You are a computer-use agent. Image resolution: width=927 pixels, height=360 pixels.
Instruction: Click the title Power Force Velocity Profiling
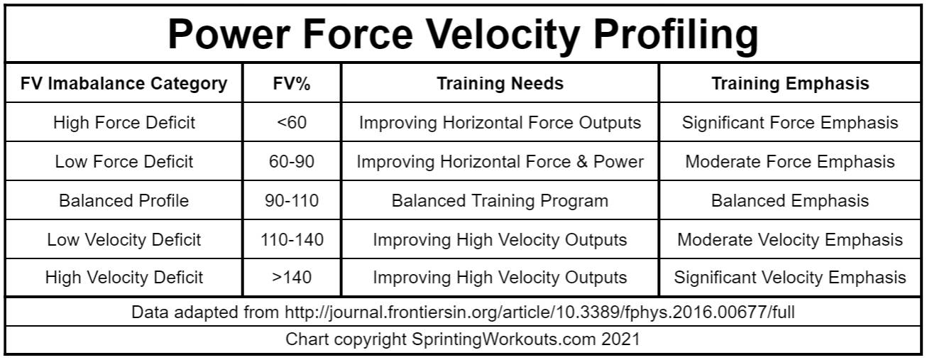[463, 34]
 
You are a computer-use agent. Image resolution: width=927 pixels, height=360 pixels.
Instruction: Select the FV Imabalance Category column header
[124, 84]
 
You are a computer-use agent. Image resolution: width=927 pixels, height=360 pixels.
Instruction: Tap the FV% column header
[292, 84]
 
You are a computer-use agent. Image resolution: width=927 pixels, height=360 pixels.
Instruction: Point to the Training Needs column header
[500, 84]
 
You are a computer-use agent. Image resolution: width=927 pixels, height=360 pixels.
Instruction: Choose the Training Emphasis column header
[790, 84]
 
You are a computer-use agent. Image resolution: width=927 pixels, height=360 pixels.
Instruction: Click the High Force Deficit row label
[124, 122]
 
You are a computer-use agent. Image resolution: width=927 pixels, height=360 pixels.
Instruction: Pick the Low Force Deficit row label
[124, 161]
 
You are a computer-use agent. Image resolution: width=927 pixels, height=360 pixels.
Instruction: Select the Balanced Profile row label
[124, 201]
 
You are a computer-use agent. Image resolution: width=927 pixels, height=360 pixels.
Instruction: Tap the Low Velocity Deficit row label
[124, 239]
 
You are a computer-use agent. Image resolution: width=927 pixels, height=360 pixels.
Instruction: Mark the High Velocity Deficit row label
[124, 277]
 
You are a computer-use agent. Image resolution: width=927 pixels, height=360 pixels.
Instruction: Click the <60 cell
[292, 122]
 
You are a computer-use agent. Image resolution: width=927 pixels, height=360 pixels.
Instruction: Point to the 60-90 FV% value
[292, 161]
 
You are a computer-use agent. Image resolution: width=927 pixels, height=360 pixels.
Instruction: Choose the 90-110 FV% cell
[292, 201]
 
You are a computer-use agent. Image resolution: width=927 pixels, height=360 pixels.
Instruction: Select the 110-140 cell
[292, 239]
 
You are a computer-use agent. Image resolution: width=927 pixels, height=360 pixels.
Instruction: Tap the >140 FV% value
[292, 277]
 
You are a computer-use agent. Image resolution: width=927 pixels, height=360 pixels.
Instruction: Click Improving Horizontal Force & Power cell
[500, 161]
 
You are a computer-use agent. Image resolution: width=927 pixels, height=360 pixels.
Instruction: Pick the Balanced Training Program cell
[500, 201]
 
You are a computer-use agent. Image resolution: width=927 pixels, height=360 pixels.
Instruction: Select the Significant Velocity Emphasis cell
[790, 277]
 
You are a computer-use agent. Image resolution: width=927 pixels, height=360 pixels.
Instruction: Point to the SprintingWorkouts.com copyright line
[463, 339]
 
